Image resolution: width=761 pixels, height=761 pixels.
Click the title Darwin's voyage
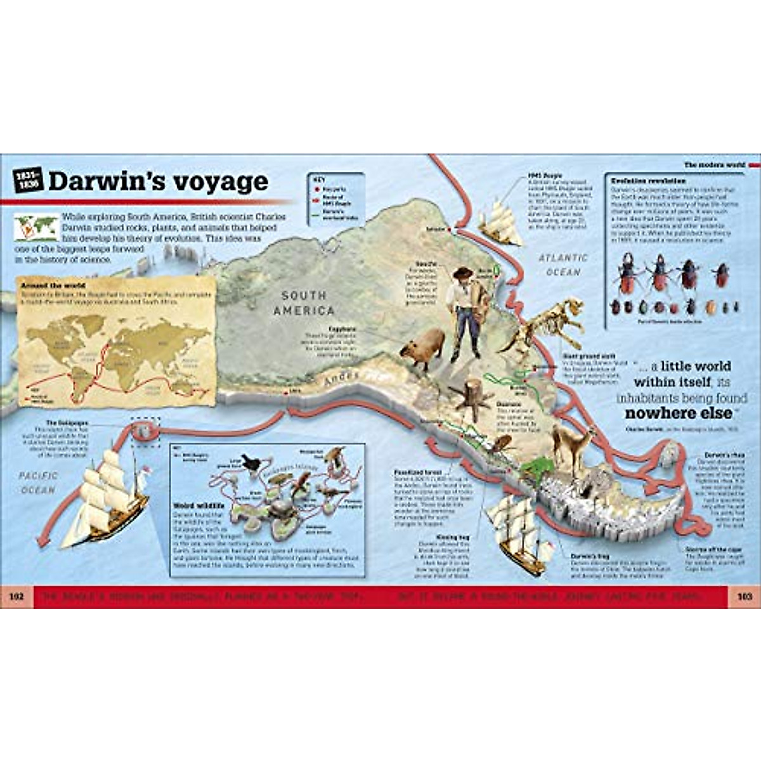pos(159,182)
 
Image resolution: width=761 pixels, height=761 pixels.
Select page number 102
pos(16,597)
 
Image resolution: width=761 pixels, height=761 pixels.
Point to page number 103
pos(744,597)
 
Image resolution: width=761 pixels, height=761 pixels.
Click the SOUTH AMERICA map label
pos(304,303)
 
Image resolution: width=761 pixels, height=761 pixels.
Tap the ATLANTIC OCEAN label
pos(564,264)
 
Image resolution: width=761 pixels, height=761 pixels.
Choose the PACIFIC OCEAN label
pos(37,483)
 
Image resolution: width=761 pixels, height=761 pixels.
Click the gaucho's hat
pos(464,273)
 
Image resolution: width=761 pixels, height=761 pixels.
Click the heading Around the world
pos(48,285)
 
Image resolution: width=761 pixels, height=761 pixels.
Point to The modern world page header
pos(713,165)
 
